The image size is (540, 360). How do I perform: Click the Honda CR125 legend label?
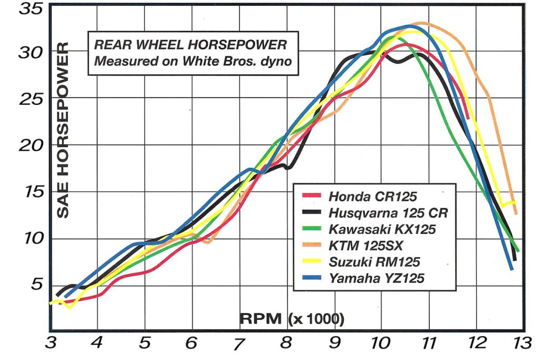pyautogui.click(x=372, y=197)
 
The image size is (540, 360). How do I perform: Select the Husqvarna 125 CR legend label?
pyautogui.click(x=388, y=213)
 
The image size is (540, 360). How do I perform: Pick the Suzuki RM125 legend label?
pyautogui.click(x=372, y=261)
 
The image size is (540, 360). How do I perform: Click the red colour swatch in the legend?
pyautogui.click(x=311, y=196)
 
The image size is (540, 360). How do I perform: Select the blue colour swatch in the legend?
pyautogui.click(x=311, y=277)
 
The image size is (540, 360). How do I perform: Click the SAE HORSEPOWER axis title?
pyautogui.click(x=63, y=131)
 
